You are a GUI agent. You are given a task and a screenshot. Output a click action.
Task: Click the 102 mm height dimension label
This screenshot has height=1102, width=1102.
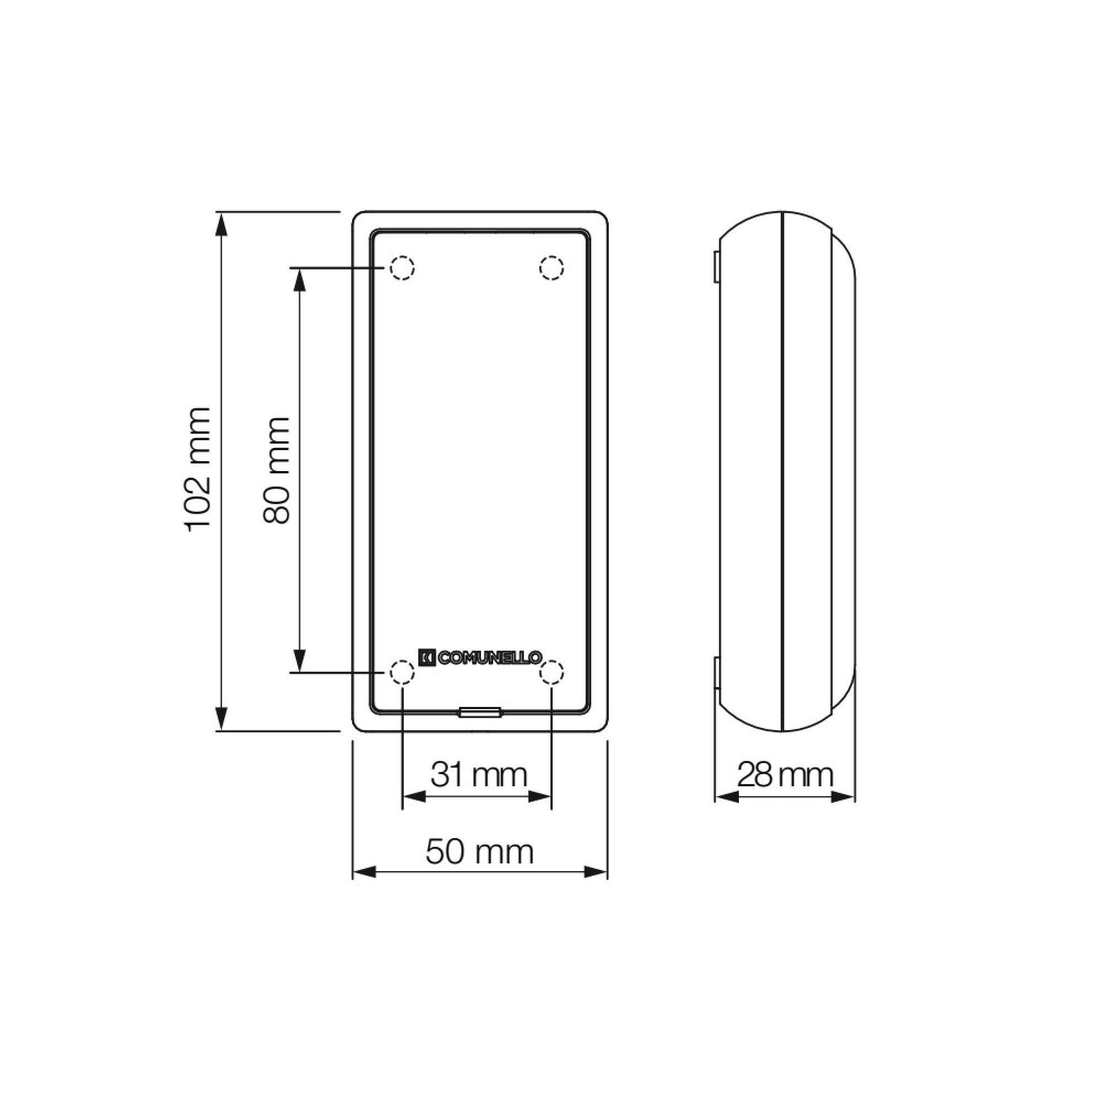click(x=199, y=469)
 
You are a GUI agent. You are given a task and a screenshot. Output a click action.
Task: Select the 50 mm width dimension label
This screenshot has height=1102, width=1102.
click(x=479, y=852)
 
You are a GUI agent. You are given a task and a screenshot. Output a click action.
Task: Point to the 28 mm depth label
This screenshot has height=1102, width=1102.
click(x=785, y=775)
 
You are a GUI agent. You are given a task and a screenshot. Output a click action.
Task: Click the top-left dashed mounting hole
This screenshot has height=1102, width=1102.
click(x=402, y=268)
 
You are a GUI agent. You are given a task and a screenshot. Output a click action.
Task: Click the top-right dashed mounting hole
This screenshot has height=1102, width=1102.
click(x=552, y=268)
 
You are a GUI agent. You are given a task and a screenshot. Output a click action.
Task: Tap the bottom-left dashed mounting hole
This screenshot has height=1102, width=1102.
click(x=402, y=672)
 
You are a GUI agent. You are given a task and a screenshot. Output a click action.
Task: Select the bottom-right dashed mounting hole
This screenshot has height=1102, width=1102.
click(x=552, y=672)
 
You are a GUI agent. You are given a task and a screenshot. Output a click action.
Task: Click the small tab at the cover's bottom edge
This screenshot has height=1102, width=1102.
click(x=480, y=711)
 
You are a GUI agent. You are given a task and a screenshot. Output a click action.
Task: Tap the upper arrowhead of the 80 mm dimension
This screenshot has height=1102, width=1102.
click(x=299, y=279)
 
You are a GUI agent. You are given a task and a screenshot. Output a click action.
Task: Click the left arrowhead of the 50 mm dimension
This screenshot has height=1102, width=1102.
click(x=365, y=872)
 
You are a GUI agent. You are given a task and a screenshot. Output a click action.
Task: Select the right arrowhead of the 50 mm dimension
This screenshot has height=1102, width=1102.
click(x=596, y=872)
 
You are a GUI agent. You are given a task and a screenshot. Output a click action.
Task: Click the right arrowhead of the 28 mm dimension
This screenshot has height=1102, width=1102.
click(x=843, y=797)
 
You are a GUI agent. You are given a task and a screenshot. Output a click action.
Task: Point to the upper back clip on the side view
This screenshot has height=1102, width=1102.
click(x=716, y=266)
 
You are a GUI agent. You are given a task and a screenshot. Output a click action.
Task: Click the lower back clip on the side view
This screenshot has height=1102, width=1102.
click(x=716, y=673)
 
